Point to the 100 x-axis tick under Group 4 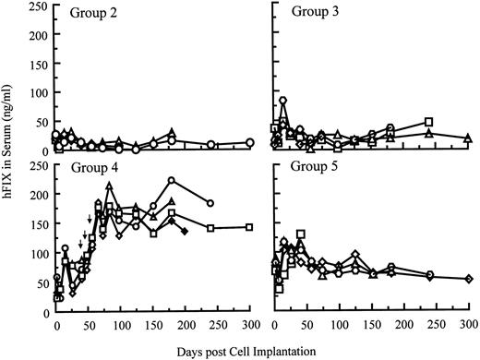point(121,325)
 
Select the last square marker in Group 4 point(250,227)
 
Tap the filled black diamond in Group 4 point(185,231)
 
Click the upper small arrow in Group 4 point(89,219)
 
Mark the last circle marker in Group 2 point(250,143)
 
